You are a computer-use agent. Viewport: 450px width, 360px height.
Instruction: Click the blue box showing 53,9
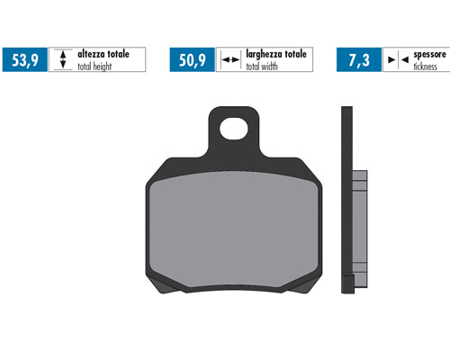25,59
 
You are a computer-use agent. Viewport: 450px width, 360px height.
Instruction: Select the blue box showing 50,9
193,59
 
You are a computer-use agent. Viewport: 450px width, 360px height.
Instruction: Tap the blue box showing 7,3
359,59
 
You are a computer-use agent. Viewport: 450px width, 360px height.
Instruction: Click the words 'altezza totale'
103,54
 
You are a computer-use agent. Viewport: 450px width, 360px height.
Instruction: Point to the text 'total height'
94,67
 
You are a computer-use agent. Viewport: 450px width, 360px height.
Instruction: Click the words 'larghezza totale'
276,54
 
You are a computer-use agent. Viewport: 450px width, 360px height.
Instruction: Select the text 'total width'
262,67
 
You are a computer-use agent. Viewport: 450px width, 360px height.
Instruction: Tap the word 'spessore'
429,55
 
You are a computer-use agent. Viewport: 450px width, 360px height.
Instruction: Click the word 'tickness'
426,67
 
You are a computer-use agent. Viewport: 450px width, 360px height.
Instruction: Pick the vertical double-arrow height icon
63,59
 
